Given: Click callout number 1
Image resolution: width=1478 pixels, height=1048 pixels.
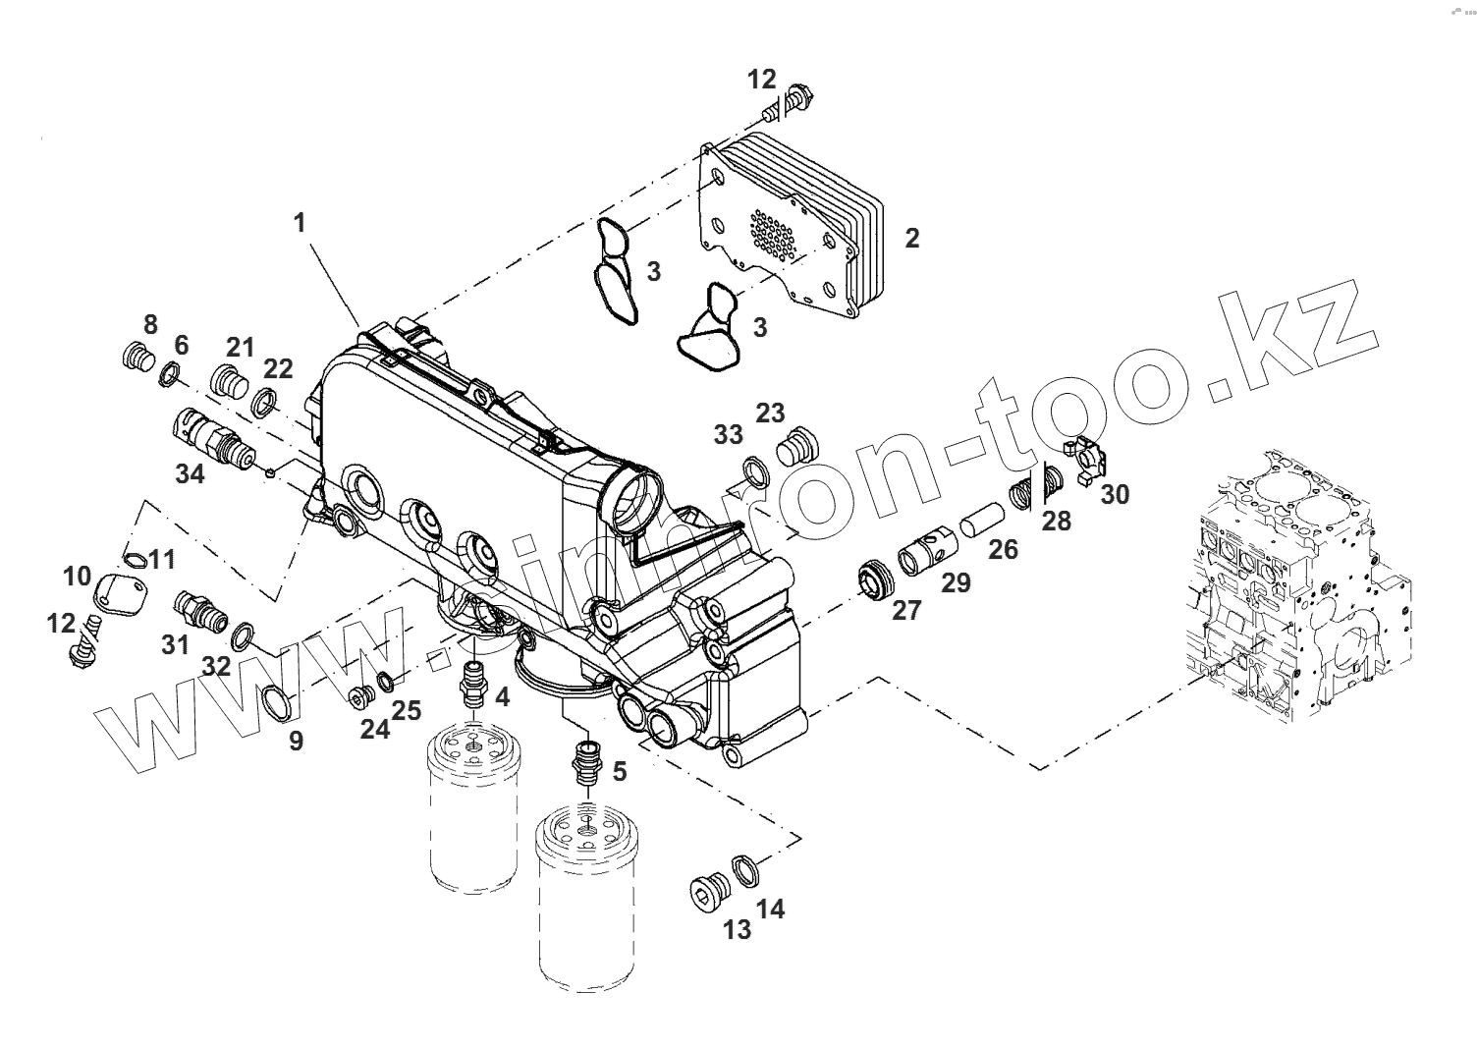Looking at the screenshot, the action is tap(300, 223).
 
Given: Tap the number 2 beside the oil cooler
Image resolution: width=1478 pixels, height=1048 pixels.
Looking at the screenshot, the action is tap(911, 238).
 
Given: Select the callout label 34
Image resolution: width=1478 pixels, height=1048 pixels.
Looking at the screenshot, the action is tap(191, 473).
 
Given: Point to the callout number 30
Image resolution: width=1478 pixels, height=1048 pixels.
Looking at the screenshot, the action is tap(1115, 494).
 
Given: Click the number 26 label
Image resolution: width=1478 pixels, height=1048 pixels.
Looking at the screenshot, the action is tap(1003, 549).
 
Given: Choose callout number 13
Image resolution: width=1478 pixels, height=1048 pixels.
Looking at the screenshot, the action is tap(737, 929).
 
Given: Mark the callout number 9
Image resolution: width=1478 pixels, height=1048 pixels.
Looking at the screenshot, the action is tap(296, 742).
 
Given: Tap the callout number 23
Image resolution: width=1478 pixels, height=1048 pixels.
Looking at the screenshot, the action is tap(770, 412).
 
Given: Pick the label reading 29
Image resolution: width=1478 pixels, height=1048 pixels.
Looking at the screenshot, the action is tap(956, 582).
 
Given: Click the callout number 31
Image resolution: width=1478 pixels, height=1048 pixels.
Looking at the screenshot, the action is tap(175, 645).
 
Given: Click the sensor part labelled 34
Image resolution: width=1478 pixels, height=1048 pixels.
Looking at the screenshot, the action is tap(214, 433).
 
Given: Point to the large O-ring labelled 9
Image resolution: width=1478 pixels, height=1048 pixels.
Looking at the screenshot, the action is tap(279, 702).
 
